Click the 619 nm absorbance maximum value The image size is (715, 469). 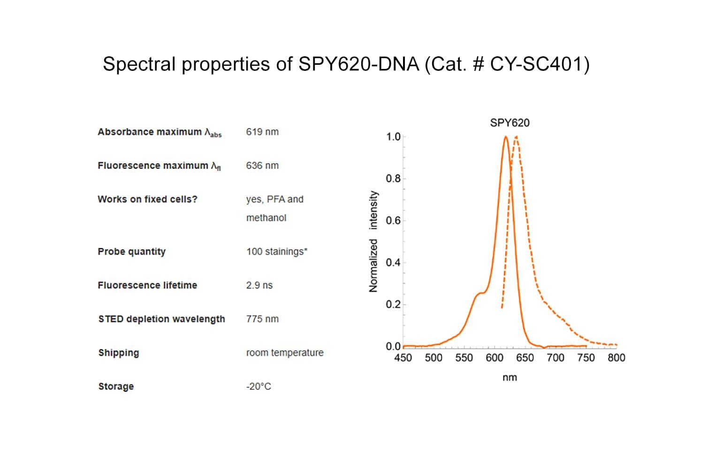[x=262, y=132]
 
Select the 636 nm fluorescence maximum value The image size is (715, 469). [x=262, y=166]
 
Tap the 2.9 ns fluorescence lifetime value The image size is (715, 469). [x=259, y=285]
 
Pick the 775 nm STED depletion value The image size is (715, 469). [x=262, y=319]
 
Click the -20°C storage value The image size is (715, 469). [x=259, y=386]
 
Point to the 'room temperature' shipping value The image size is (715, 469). [x=285, y=353]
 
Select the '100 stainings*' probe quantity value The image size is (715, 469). [x=277, y=251]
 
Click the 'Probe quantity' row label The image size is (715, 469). [x=131, y=251]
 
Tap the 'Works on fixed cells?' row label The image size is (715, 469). [x=147, y=199]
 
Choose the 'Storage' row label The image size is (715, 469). [x=116, y=386]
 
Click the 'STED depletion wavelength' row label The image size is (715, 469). [x=161, y=319]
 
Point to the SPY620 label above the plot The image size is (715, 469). [x=510, y=123]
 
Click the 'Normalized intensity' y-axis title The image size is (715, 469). [x=373, y=242]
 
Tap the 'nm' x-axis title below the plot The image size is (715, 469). [x=510, y=378]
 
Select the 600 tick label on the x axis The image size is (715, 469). [x=494, y=358]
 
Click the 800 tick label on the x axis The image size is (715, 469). [x=616, y=358]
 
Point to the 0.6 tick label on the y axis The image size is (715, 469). [x=393, y=220]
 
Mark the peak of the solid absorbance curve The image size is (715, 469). [x=506, y=137]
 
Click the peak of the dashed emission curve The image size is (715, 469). [x=516, y=137]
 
